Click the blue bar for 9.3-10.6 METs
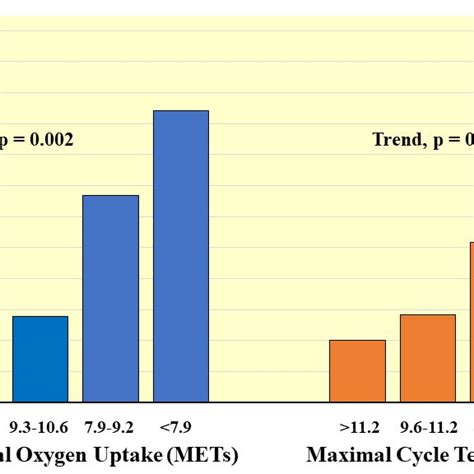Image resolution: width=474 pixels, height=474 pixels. click(40, 359)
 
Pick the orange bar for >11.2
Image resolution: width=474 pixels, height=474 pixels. click(357, 371)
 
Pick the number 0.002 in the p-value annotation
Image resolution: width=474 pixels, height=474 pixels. click(47, 140)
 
